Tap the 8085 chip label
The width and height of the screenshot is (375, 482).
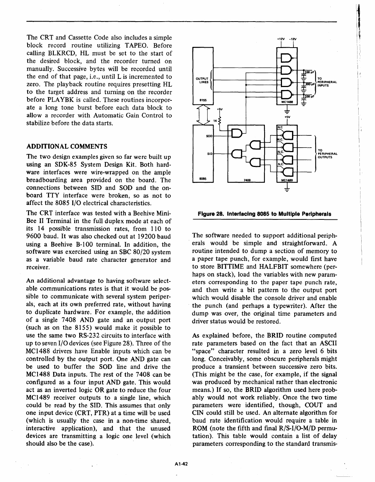point(203,179)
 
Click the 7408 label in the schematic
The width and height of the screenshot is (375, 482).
point(246,180)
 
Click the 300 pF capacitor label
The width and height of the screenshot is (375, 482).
point(309,84)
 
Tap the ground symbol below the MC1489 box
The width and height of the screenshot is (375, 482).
point(287,190)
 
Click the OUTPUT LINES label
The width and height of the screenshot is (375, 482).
point(202,80)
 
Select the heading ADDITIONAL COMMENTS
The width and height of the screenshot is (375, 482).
point(67,146)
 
